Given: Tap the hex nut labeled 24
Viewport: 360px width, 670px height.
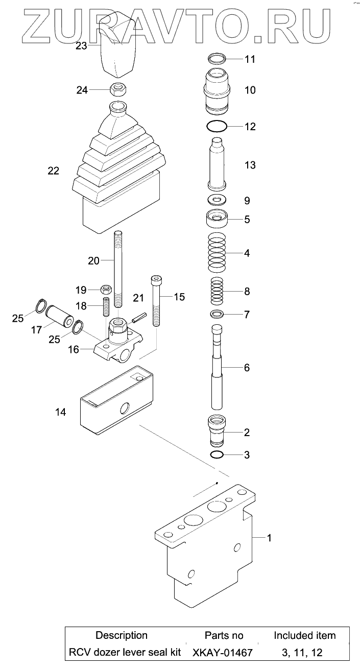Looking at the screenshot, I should click(x=118, y=90).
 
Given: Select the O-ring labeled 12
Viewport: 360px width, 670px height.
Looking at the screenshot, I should click(x=217, y=126).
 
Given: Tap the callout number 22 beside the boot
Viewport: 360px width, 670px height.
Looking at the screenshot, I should click(x=53, y=171).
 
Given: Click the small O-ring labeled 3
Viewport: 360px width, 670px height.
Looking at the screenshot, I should click(x=217, y=454).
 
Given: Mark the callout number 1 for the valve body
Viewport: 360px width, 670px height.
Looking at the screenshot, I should click(x=270, y=537).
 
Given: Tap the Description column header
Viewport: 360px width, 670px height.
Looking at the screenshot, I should click(x=122, y=635).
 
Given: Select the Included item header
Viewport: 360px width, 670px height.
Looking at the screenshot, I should click(x=304, y=635).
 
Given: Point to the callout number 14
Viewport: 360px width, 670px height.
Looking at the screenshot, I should click(x=60, y=412).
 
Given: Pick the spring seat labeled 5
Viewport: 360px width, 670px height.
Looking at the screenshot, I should click(x=217, y=221).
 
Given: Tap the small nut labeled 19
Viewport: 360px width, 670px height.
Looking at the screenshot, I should click(x=106, y=290).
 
